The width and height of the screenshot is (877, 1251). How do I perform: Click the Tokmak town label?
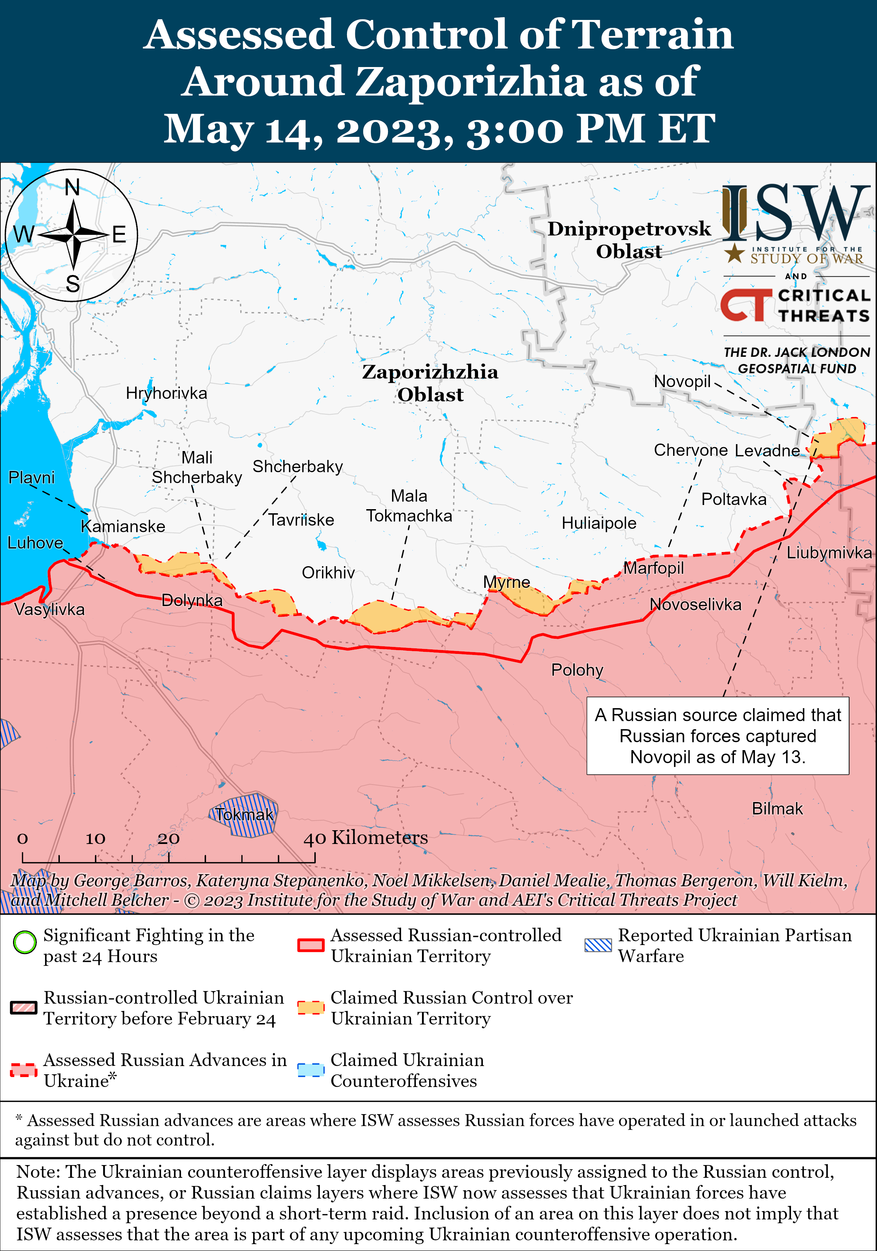coord(243,814)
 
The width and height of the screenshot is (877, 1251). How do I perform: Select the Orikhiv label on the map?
coord(328,573)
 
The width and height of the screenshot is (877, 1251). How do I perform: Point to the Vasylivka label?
coord(49,609)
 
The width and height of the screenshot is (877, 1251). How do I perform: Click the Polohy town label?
coord(577,670)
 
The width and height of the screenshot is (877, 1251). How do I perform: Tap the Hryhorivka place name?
coord(166,393)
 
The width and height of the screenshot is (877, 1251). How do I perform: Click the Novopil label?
coord(682,381)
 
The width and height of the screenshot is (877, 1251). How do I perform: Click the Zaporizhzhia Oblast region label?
coord(430,383)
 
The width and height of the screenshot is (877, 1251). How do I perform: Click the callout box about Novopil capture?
coord(717,736)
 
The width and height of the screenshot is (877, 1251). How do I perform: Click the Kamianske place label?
coord(123,526)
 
